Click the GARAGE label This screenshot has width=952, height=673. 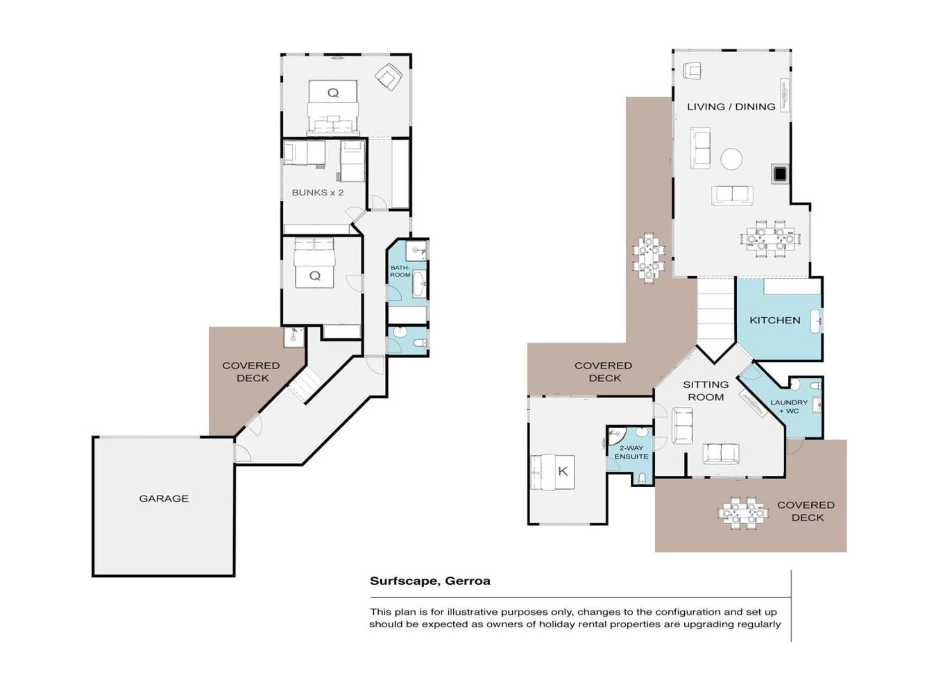[x=164, y=499]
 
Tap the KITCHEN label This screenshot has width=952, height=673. [x=774, y=321]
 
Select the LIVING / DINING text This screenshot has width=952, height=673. [x=731, y=107]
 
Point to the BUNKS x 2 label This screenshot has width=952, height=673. [x=317, y=192]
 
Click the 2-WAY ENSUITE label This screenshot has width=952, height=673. [x=631, y=452]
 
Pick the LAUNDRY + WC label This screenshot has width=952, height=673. [x=789, y=406]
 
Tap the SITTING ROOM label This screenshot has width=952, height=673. [x=706, y=391]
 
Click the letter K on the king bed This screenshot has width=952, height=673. [x=563, y=471]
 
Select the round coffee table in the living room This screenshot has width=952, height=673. [x=731, y=160]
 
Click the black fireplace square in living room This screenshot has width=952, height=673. [x=780, y=174]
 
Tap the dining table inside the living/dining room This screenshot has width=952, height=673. [x=770, y=239]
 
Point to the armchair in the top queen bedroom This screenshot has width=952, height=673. [x=388, y=77]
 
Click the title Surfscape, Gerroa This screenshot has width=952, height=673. [x=430, y=581]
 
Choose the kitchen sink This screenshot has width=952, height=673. [x=816, y=321]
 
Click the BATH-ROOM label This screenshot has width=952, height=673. [x=400, y=271]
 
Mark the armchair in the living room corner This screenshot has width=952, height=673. [x=692, y=70]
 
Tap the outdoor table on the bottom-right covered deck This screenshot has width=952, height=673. [x=743, y=513]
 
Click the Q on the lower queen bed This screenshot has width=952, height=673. [x=314, y=276]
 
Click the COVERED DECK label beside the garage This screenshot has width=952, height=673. [x=251, y=372]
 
